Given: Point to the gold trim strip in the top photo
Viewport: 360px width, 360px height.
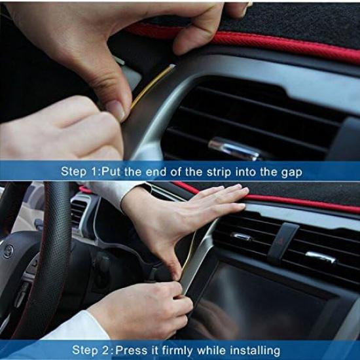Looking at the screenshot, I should pos(151,85).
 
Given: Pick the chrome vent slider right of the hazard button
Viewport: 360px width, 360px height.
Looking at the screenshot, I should pos(321,257).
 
